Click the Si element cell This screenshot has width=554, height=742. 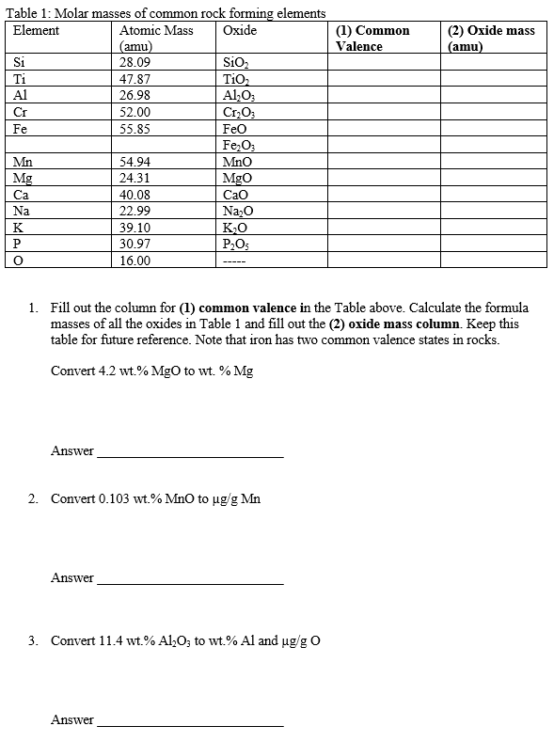click(20, 63)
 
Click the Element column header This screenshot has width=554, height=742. click(37, 31)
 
